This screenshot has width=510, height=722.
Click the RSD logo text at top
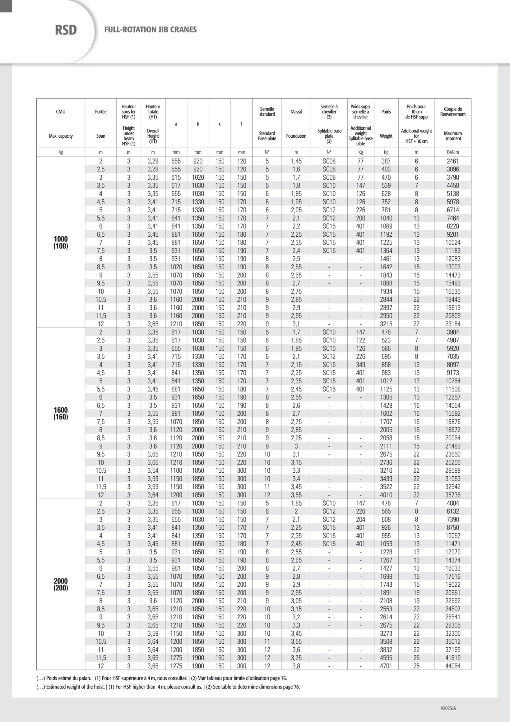[x=66, y=30]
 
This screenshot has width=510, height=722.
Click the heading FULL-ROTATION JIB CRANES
[x=150, y=30]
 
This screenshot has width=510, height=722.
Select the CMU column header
[x=61, y=112]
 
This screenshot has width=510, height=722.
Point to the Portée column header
[x=101, y=112]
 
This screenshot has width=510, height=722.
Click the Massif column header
[x=296, y=112]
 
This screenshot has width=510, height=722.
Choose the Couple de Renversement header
[x=453, y=112]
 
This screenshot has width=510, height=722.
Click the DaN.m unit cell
[x=453, y=152]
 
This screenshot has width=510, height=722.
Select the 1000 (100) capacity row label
[x=61, y=243]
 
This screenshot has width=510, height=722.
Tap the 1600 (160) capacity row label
[x=61, y=413]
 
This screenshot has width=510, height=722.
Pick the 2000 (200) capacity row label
[x=61, y=585]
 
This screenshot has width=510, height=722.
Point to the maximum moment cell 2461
[x=453, y=161]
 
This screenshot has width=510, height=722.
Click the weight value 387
[x=386, y=161]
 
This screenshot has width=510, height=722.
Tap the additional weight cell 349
[x=360, y=365]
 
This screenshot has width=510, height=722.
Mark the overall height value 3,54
[x=153, y=471]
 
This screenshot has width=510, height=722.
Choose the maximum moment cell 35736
[x=453, y=495]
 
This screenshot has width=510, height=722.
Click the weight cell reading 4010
[x=386, y=495]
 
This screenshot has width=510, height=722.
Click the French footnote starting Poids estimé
[x=161, y=678]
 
